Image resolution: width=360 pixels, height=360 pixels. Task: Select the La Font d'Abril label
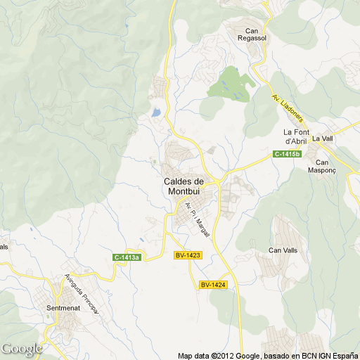297,136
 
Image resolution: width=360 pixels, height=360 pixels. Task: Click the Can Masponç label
323,166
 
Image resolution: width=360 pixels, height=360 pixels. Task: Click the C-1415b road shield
287,154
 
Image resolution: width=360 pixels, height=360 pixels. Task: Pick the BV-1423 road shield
188,255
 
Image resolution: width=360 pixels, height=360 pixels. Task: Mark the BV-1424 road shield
212,285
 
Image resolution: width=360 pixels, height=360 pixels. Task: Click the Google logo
21,349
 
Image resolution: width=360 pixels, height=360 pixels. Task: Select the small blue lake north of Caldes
155,112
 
